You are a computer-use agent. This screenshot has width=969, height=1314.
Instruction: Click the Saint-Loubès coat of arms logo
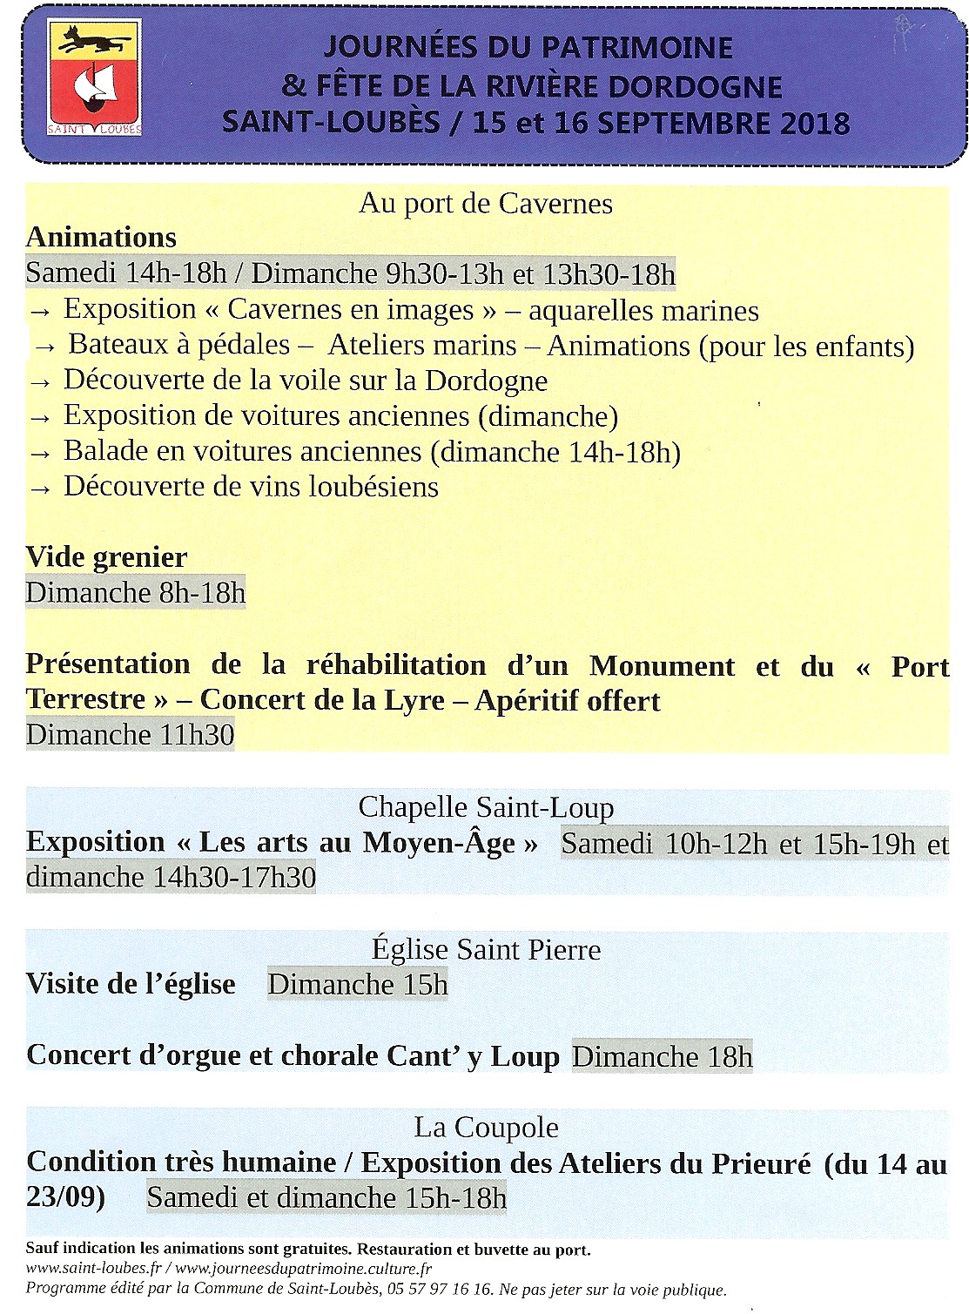[95, 79]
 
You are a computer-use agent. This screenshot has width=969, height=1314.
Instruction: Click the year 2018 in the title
[815, 123]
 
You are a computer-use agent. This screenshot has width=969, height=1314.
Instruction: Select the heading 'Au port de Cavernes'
[486, 204]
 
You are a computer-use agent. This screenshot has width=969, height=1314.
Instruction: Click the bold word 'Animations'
[101, 238]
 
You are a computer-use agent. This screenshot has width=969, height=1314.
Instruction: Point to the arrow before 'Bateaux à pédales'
[44, 347]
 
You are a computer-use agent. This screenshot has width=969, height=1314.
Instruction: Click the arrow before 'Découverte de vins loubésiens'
[40, 489]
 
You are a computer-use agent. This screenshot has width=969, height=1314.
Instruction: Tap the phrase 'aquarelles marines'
[643, 311]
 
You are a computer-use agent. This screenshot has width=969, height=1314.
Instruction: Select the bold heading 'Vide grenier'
[106, 557]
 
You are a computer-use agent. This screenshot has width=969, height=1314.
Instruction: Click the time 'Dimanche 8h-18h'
[136, 593]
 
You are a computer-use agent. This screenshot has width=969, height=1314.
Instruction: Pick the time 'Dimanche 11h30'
[131, 735]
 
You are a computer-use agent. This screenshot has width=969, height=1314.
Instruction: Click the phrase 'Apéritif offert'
[568, 701]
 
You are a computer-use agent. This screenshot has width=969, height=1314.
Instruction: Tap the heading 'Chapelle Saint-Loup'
[486, 807]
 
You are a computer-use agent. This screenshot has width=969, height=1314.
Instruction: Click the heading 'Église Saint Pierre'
[486, 949]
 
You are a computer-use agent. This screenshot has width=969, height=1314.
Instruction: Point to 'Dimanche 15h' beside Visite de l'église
[358, 985]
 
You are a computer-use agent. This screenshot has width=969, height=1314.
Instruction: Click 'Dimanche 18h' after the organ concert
[662, 1056]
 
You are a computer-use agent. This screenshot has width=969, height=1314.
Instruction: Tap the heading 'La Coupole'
[486, 1128]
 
